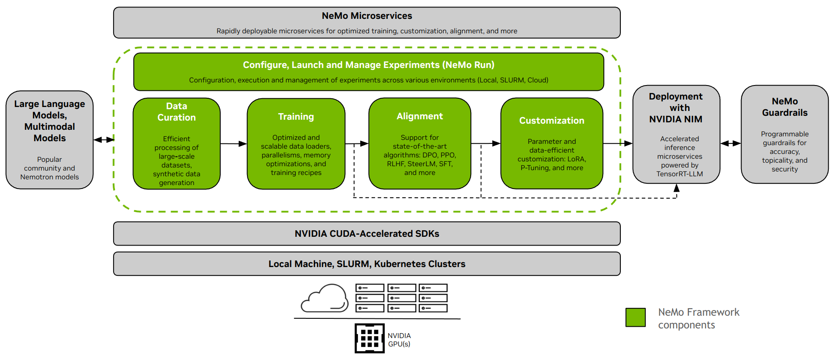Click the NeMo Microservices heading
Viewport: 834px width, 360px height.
click(x=367, y=16)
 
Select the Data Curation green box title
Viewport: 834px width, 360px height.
click(x=176, y=112)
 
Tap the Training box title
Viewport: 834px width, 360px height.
click(x=296, y=117)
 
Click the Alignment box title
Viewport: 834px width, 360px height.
click(x=419, y=116)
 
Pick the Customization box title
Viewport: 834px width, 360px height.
click(x=551, y=121)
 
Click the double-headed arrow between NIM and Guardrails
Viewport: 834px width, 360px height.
click(x=730, y=143)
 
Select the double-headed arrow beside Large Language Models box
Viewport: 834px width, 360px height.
click(x=104, y=140)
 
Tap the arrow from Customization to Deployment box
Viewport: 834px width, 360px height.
click(x=618, y=143)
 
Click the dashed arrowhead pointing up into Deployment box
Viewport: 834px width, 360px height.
click(x=677, y=188)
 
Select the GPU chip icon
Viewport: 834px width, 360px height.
click(x=369, y=338)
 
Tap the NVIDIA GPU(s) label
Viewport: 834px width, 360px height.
click(x=399, y=340)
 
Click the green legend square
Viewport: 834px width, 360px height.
click(x=635, y=317)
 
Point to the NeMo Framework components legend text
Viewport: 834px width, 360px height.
click(x=698, y=318)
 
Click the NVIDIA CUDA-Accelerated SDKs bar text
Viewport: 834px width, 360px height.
click(x=367, y=234)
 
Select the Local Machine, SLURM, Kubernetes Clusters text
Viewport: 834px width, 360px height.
click(x=367, y=264)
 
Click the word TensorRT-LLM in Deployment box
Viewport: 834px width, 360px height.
click(x=679, y=174)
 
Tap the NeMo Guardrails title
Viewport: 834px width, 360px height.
click(x=784, y=107)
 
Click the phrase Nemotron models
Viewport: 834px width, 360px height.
click(x=50, y=177)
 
